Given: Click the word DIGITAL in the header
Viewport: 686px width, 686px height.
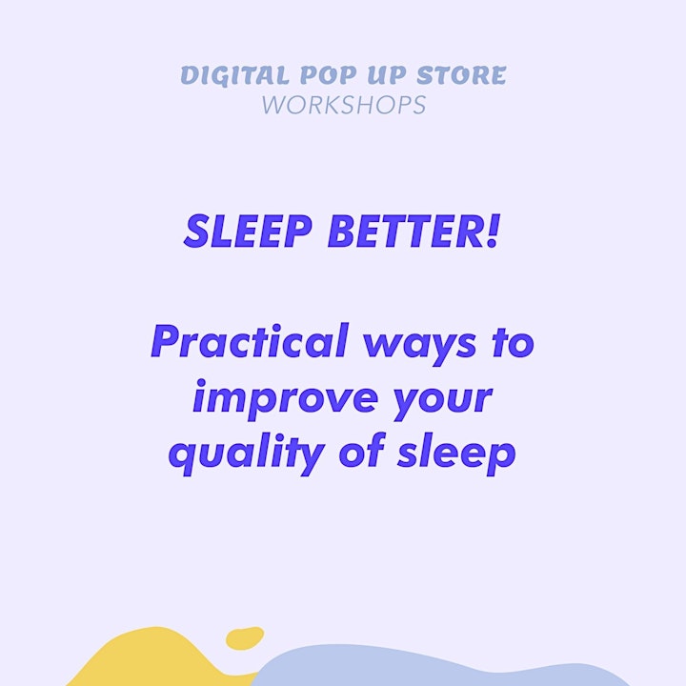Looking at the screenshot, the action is pos(234,75).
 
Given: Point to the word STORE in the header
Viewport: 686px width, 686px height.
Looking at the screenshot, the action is pos(461,75).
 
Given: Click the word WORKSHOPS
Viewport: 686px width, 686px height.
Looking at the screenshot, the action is pos(344,105).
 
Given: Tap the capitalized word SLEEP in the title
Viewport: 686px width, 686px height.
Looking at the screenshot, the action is pos(248,232).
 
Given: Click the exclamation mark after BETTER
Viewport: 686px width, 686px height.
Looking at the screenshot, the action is pos(493,232).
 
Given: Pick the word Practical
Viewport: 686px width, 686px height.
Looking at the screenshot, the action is pos(250,341).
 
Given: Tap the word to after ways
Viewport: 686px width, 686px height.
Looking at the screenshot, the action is pos(513,344).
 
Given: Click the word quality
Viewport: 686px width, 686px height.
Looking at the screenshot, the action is pos(247,454).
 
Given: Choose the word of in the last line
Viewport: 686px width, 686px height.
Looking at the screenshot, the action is pos(361,450).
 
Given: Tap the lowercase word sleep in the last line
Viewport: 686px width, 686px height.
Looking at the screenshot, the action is pos(456,454).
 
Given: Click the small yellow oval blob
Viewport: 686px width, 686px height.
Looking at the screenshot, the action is pos(245,638).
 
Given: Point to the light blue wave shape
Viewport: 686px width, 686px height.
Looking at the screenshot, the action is pos(437,666).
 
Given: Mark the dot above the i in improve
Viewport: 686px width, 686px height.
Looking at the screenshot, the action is pos(201,384).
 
